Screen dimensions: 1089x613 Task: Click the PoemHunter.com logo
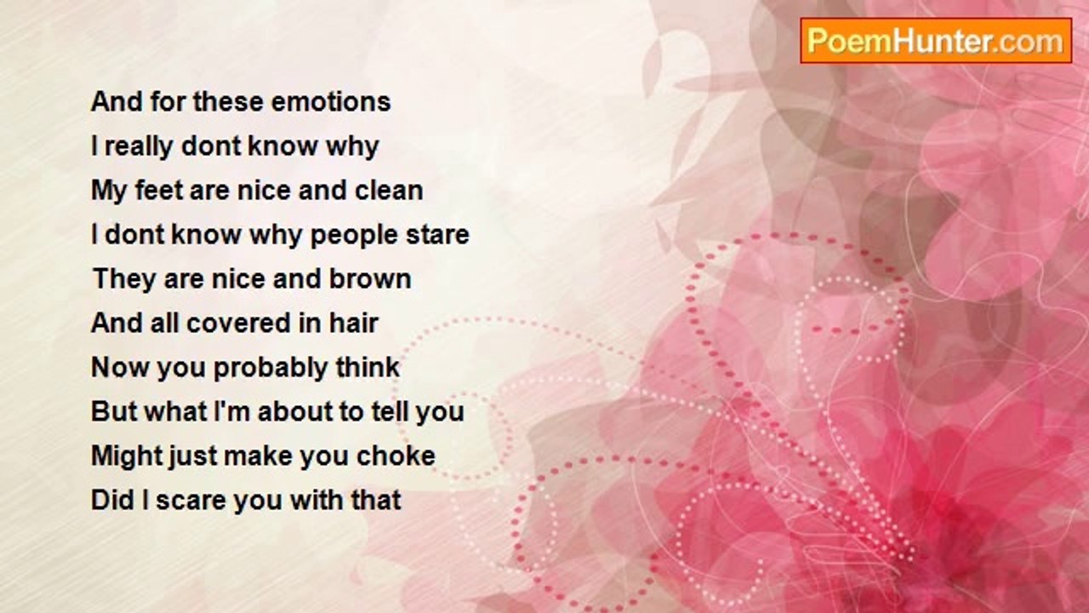point(936,41)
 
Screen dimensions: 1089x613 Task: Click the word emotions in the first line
point(331,102)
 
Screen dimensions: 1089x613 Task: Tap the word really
point(139,147)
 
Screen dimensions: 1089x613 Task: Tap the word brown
point(370,278)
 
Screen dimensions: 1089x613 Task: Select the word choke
point(396,455)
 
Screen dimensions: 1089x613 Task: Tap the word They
point(125,280)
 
